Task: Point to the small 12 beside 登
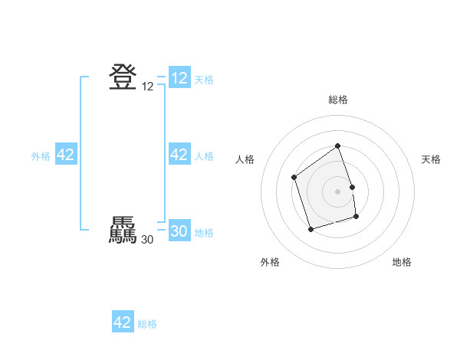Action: point(148,87)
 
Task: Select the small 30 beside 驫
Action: point(147,240)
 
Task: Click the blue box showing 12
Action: point(179,78)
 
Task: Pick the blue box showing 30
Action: point(179,232)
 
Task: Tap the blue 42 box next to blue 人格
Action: point(179,155)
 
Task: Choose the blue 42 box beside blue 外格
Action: point(66,155)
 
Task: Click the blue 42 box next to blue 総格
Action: point(123,322)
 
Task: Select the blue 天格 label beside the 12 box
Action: point(204,80)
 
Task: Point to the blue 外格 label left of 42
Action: point(41,156)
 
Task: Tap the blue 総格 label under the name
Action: point(147,324)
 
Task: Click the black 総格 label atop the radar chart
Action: point(338,100)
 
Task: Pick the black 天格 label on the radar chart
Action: point(432,159)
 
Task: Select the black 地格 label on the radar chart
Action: point(402,263)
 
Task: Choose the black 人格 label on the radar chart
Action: point(245,159)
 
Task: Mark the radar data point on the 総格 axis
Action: point(338,146)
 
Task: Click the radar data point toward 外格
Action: point(310,229)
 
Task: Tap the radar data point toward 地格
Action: point(356,217)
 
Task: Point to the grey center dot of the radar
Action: point(338,191)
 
